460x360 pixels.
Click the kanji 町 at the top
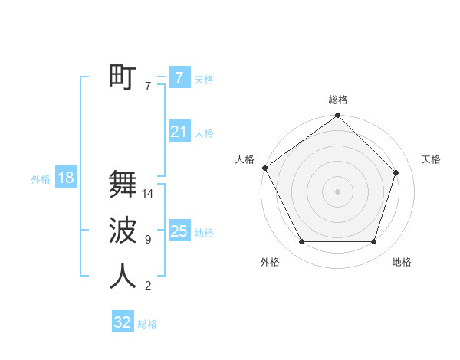point(123,77)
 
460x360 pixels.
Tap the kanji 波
point(123,230)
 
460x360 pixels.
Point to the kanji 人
point(123,276)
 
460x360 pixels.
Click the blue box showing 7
point(179,77)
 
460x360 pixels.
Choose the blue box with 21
point(179,132)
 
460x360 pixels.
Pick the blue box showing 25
point(179,231)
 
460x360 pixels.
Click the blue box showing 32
point(123,322)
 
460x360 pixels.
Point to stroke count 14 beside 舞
point(148,194)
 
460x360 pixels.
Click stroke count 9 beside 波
point(147,240)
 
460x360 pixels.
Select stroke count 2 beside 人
point(147,286)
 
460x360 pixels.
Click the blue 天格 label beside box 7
point(204,79)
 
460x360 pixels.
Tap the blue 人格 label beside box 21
point(204,133)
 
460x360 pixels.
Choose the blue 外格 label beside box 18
point(41,179)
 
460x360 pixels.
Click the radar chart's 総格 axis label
point(338,100)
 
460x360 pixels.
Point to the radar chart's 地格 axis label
point(402,262)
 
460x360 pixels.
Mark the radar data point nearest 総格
point(338,116)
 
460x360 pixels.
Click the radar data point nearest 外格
point(301,242)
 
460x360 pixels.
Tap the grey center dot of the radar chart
point(338,191)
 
